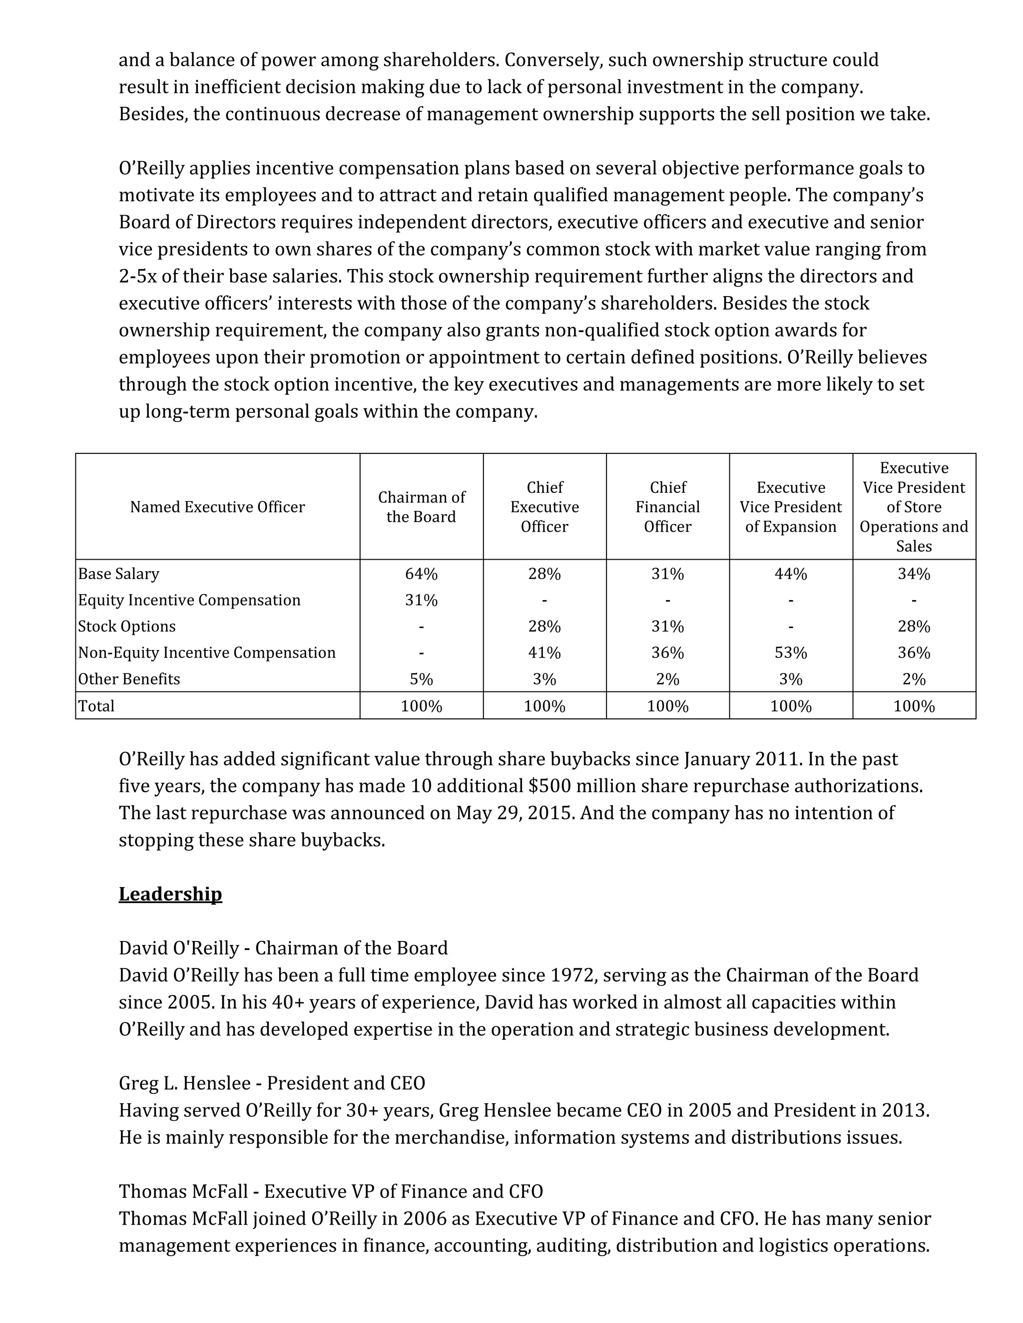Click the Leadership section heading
click(170, 894)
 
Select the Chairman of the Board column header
click(421, 507)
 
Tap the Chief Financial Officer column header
click(667, 507)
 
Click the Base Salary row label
click(119, 574)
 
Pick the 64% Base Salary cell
click(421, 574)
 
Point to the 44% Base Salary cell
click(790, 574)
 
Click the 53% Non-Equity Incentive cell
click(790, 653)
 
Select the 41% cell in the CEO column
click(544, 653)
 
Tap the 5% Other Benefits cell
click(421, 679)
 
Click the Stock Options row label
click(127, 627)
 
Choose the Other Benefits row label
click(129, 679)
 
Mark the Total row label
click(96, 706)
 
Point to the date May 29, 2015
click(514, 813)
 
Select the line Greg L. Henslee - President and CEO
click(272, 1083)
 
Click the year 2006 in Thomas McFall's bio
click(424, 1218)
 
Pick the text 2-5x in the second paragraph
click(137, 276)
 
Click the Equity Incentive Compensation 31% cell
click(421, 600)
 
